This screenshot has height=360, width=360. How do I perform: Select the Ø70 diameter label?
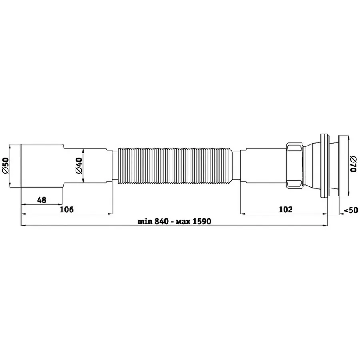point(353,164)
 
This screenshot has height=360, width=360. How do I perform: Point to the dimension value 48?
point(42,200)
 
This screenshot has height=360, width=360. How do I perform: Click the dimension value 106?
point(66,209)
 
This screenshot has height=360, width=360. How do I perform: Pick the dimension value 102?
point(286,209)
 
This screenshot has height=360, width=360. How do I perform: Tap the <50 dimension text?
point(351,210)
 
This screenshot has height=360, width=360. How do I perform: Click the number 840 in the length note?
point(162,221)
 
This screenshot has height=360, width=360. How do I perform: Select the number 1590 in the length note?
point(202,221)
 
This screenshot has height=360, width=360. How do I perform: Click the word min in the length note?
point(145,221)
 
